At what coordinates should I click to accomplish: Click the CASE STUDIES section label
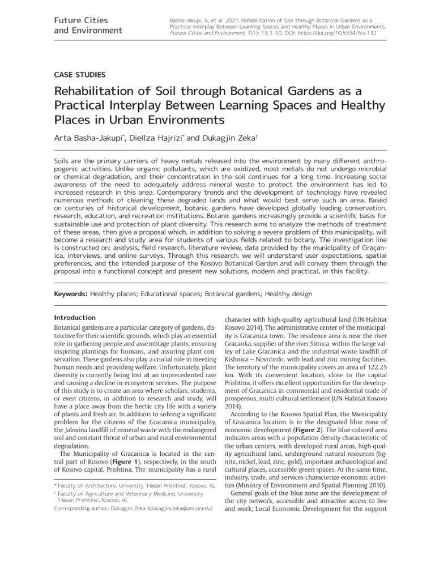(79, 74)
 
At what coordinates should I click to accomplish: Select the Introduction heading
(74, 317)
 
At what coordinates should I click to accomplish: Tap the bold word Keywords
(71, 295)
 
